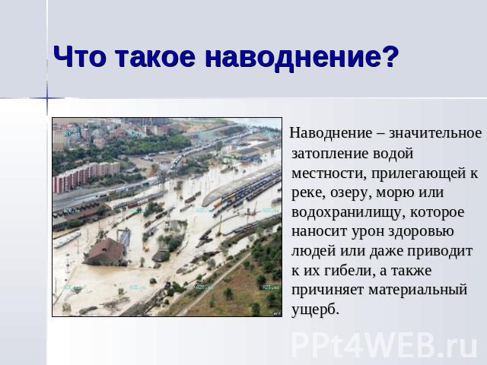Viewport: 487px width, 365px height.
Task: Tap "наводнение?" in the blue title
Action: point(301,58)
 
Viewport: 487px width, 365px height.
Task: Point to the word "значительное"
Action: point(435,134)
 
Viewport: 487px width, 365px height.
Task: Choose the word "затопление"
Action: point(329,154)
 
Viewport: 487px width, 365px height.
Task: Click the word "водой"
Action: point(393,154)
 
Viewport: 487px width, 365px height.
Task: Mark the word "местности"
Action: point(326,173)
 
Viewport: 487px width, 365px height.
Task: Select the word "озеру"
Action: point(351,192)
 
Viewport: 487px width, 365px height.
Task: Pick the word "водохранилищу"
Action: point(349,212)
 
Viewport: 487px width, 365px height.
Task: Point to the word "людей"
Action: point(314,251)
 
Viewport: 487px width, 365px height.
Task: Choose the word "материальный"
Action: point(418,290)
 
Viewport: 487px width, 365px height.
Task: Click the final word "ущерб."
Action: point(315,309)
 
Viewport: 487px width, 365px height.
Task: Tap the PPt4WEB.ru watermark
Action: point(384,344)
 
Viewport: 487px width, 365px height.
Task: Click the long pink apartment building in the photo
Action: point(86,176)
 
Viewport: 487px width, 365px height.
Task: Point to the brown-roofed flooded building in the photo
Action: point(106,252)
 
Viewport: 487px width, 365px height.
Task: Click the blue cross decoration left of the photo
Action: point(47,98)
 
